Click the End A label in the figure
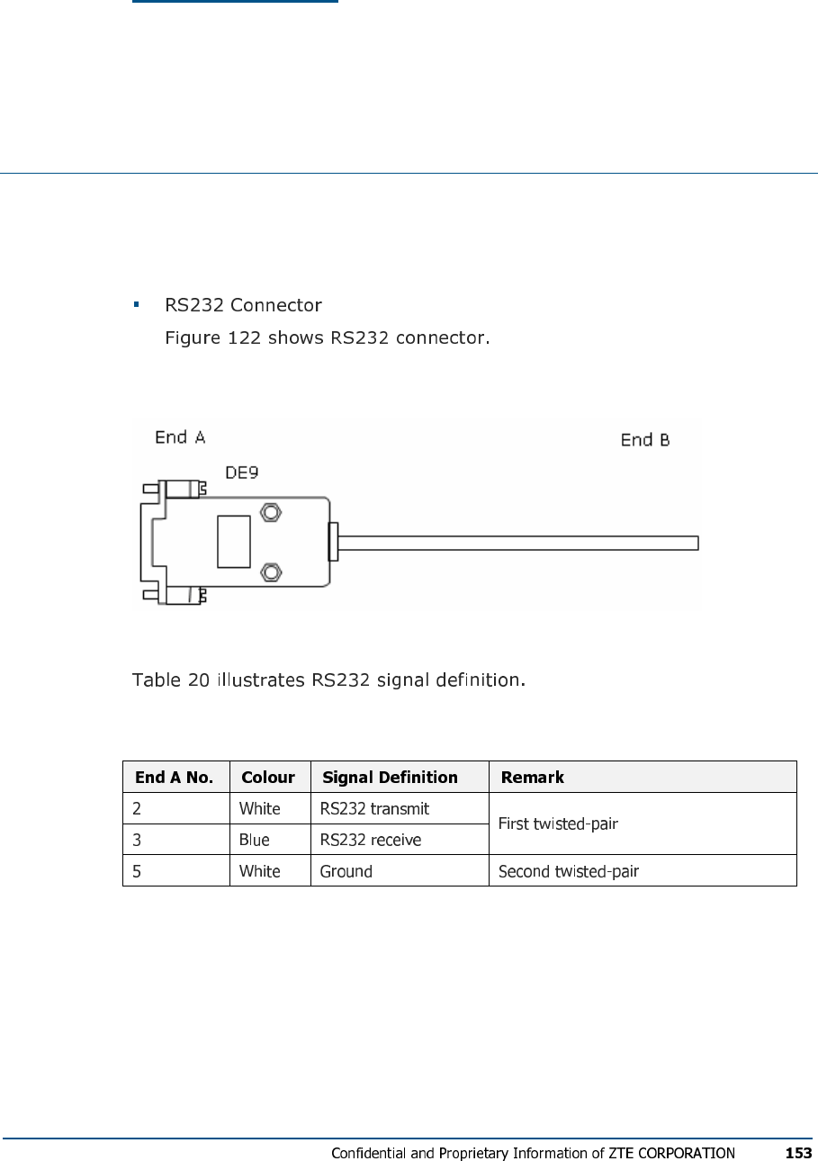180,437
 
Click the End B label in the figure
645,440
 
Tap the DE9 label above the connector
242,472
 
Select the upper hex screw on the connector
270,513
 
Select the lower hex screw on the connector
270,573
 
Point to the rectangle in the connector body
234,542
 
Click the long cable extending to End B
517,543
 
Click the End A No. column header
175,778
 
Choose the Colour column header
268,778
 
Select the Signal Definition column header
390,778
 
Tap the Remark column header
533,778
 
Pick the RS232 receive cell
371,840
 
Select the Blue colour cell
255,840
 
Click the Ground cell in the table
346,871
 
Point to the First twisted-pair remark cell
558,823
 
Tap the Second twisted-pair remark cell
569,871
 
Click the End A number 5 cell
137,871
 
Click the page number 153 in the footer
798,1153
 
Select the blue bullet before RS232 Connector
137,305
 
